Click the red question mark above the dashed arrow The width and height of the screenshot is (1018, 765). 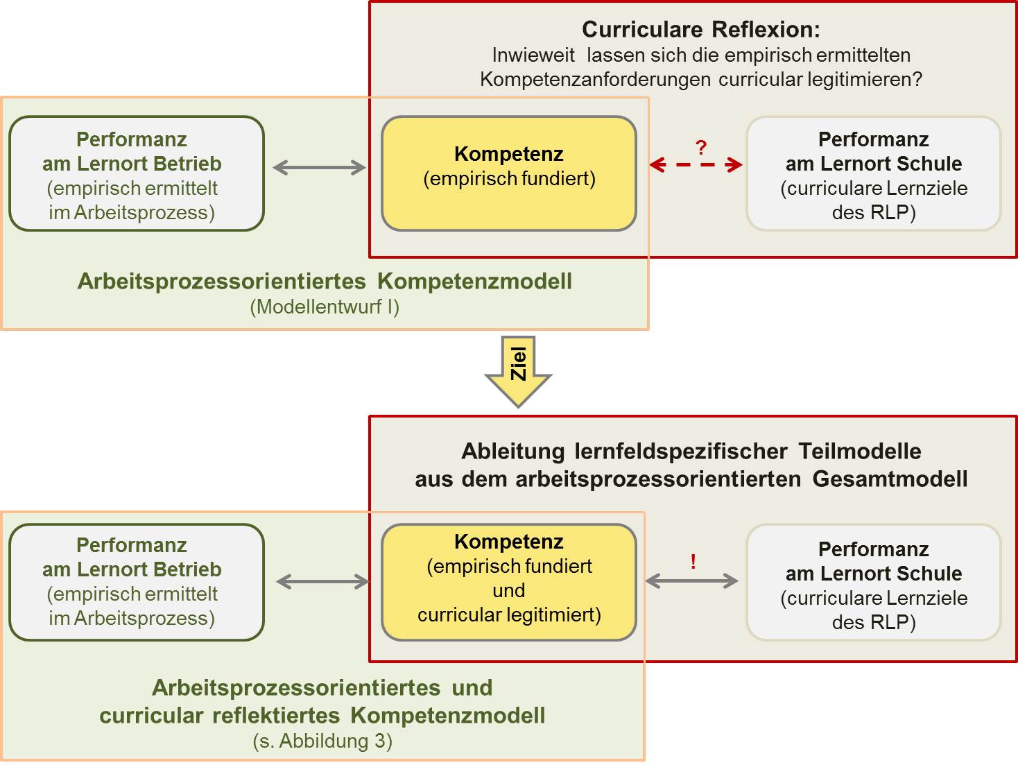click(701, 148)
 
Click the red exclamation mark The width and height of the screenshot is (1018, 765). click(693, 562)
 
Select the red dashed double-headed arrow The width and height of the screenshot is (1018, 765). click(696, 164)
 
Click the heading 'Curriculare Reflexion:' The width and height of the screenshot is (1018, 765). click(700, 29)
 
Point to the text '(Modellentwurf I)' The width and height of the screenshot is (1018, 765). click(325, 307)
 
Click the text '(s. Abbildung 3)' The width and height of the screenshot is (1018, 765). click(322, 741)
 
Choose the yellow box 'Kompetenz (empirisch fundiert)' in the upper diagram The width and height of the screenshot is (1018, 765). click(509, 173)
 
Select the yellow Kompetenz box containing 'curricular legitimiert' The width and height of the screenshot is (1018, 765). click(509, 582)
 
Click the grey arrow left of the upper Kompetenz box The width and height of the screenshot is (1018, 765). click(320, 167)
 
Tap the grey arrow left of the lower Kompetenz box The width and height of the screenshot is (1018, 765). click(322, 582)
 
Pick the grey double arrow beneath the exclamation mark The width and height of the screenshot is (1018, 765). click(691, 581)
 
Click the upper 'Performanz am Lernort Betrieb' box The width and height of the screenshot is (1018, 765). click(137, 173)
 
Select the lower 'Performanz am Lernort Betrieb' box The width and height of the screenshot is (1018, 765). click(137, 582)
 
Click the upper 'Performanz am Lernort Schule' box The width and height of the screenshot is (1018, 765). click(874, 173)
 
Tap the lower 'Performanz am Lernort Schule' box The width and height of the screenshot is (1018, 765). click(874, 582)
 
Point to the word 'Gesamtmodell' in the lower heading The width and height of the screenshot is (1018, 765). click(890, 479)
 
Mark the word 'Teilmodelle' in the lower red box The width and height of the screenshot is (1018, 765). click(860, 451)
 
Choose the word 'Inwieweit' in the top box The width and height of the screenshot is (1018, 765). click(533, 55)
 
